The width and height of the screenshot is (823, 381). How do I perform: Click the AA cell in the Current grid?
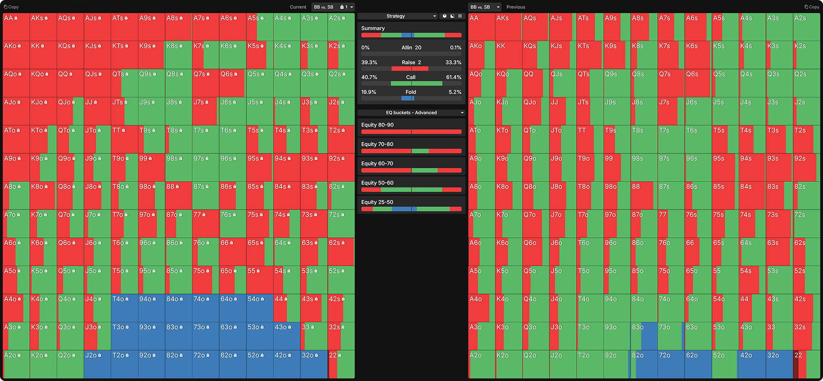16,27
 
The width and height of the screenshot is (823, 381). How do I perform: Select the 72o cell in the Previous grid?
671,365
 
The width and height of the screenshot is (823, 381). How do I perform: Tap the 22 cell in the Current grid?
341,365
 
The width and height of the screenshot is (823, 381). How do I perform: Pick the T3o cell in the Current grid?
124,336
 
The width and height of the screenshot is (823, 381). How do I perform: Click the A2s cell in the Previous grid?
807,27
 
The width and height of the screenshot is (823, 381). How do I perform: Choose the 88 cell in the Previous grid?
643,196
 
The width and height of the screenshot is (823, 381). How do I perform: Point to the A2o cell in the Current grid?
16,365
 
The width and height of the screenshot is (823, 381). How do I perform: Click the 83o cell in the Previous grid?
643,336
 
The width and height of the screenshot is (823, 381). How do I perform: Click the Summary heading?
373,28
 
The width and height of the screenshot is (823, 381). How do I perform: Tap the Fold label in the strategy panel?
410,92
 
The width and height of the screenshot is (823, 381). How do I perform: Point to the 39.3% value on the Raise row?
369,62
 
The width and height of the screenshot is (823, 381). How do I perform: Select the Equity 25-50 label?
377,202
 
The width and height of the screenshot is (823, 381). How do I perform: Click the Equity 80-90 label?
377,125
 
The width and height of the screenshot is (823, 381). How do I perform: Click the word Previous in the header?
515,7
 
